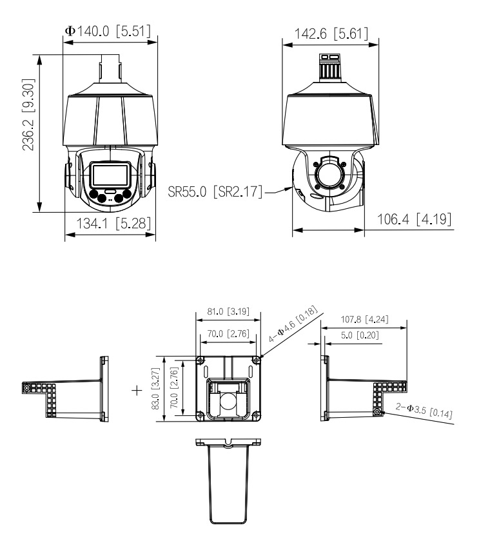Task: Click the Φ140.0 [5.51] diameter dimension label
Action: (108, 31)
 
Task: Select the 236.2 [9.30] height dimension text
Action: (28, 115)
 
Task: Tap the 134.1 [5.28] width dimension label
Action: (113, 223)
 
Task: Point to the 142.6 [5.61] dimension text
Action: (331, 34)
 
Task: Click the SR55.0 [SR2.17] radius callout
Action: (215, 191)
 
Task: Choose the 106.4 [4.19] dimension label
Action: (414, 219)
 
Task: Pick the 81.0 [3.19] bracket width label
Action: (228, 311)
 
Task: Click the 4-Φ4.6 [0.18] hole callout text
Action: (293, 324)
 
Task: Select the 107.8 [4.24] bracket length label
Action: (364, 319)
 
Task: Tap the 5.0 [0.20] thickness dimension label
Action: (360, 335)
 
